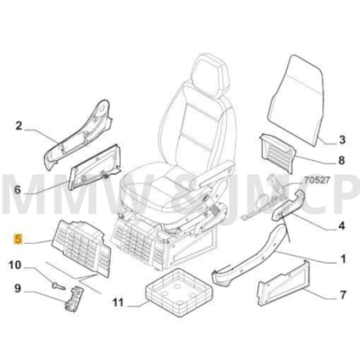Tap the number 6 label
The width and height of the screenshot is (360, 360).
[x=15, y=190]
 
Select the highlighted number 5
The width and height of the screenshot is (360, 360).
[x=14, y=240]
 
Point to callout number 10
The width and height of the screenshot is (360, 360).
[x=15, y=265]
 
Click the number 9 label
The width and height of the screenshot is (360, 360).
[x=15, y=288]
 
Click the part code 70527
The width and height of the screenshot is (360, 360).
[x=317, y=205]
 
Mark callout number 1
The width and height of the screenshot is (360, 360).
[x=341, y=261]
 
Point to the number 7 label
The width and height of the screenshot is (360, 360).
[x=341, y=295]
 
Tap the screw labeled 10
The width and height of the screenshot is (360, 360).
[x=58, y=281]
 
